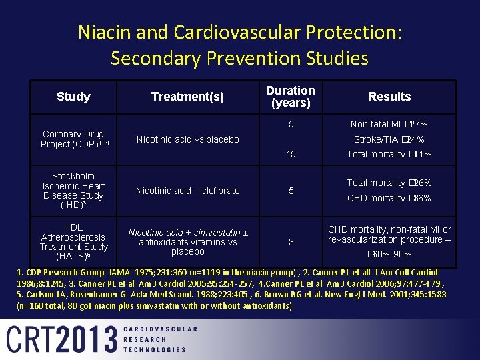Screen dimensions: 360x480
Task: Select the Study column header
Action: click(x=73, y=97)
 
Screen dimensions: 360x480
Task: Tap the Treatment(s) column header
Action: click(x=187, y=97)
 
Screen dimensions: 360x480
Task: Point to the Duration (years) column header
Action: click(x=291, y=97)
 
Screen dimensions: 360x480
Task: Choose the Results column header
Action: click(x=389, y=97)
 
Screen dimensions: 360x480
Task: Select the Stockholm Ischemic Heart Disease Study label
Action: click(x=73, y=191)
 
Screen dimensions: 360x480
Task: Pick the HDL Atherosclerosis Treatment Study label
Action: click(x=73, y=241)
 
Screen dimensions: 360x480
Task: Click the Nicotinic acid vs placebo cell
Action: click(x=187, y=139)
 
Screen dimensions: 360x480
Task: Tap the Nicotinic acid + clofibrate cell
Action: click(x=187, y=191)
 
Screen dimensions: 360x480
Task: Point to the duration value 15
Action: click(x=291, y=155)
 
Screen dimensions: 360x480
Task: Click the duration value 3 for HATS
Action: click(x=291, y=242)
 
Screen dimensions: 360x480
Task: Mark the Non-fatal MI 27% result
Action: click(x=389, y=124)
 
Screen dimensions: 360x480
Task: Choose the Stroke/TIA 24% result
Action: click(x=389, y=139)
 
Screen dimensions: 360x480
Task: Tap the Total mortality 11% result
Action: click(x=389, y=155)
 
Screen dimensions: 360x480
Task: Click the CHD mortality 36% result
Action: click(x=389, y=198)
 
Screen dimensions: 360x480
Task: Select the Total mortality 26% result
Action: click(x=389, y=183)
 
